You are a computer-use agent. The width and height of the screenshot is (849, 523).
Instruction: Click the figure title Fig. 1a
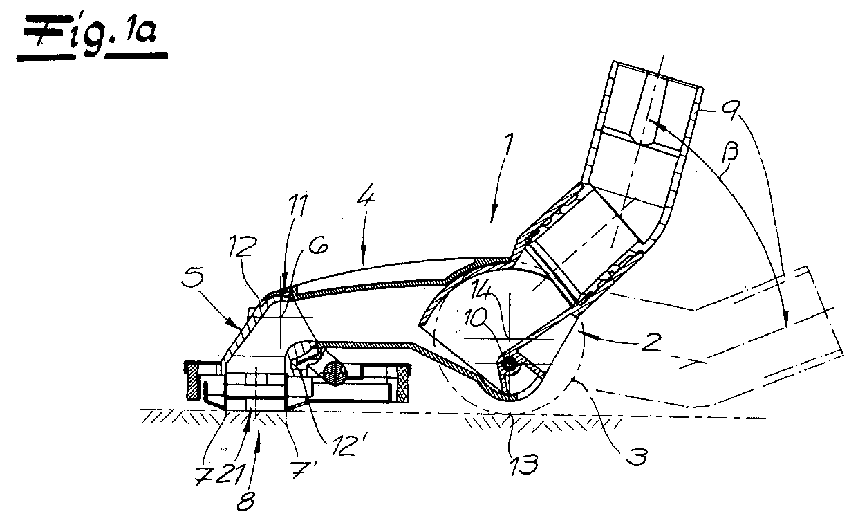[x=92, y=37]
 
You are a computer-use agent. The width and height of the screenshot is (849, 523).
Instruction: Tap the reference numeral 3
[x=636, y=457]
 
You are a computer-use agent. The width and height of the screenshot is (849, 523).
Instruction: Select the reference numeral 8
[x=245, y=501]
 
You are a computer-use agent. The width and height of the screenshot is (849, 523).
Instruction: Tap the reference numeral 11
[x=298, y=205]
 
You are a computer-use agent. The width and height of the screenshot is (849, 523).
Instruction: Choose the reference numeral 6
[x=317, y=246]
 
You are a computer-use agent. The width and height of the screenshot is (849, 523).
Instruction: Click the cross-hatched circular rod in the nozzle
[x=335, y=372]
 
